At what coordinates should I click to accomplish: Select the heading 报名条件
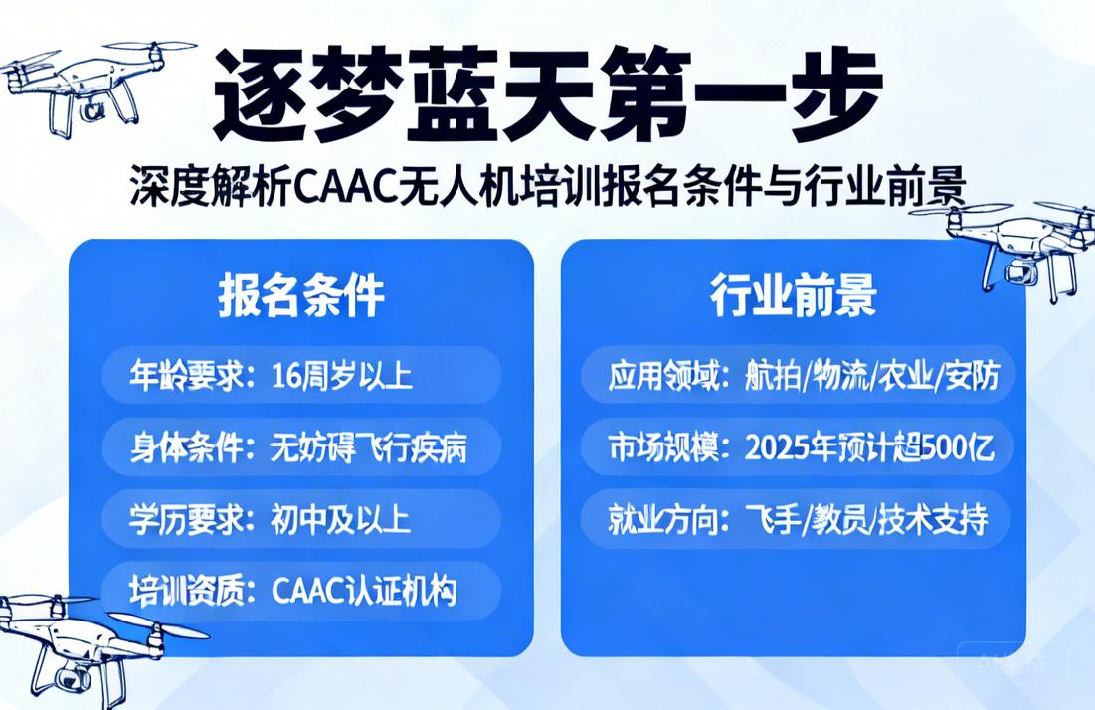301,295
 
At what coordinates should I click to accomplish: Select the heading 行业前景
793,295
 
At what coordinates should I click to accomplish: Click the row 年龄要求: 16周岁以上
301,375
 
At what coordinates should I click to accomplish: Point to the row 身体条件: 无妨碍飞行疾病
301,447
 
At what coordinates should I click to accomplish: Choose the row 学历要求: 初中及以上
301,518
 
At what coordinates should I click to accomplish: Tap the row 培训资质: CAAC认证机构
301,590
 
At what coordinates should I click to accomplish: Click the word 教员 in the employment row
844,519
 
